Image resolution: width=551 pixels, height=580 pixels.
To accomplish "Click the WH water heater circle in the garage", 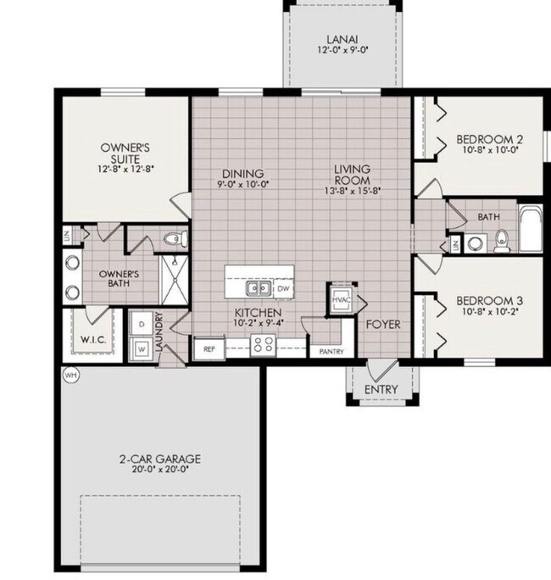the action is pos(71,376).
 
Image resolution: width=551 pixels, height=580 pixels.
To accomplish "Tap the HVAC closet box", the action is pos(341,299).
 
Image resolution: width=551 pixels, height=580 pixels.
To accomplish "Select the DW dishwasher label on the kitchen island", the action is pos(283,288).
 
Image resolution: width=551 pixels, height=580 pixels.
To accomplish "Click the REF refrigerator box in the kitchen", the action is pos(209,349).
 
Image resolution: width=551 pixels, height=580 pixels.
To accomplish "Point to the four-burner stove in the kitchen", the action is pos(263,345).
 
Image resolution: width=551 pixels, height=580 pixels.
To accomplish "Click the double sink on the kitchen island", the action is pos(258,287).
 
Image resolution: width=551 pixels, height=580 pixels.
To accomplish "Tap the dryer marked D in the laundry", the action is pos(142,324).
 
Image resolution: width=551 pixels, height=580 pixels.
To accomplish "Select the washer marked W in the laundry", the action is pos(142,349).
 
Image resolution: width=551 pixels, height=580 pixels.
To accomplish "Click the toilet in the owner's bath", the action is pos(175,237).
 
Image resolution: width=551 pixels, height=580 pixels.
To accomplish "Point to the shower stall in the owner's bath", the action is pos(175,280).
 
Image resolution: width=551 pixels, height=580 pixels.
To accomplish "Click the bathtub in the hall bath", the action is pos(531,227).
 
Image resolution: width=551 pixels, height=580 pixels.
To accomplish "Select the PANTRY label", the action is pos(331,352).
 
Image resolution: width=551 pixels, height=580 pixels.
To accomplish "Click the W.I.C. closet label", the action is pos(93,339).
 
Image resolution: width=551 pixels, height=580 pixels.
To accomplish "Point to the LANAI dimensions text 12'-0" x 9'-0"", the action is pos(342,50).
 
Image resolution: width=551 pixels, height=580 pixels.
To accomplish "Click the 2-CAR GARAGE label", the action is pos(160,459).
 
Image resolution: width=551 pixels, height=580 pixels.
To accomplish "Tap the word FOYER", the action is pos(383,325).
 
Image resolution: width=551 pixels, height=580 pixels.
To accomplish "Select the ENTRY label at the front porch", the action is pos(381,389).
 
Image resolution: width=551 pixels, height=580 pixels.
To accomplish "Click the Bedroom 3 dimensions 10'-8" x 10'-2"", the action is pos(490,311).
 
